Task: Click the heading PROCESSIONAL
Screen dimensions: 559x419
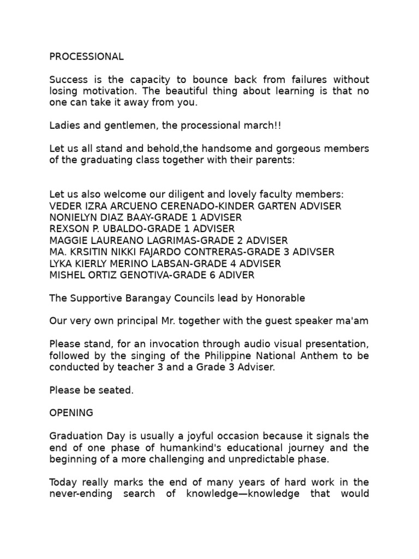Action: pyautogui.click(x=86, y=56)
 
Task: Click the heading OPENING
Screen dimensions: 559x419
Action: pyautogui.click(x=71, y=413)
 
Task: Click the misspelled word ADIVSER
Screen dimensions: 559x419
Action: pyautogui.click(x=313, y=252)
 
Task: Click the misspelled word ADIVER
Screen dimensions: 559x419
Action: pyautogui.click(x=236, y=275)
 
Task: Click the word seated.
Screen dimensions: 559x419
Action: pyautogui.click(x=118, y=390)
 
